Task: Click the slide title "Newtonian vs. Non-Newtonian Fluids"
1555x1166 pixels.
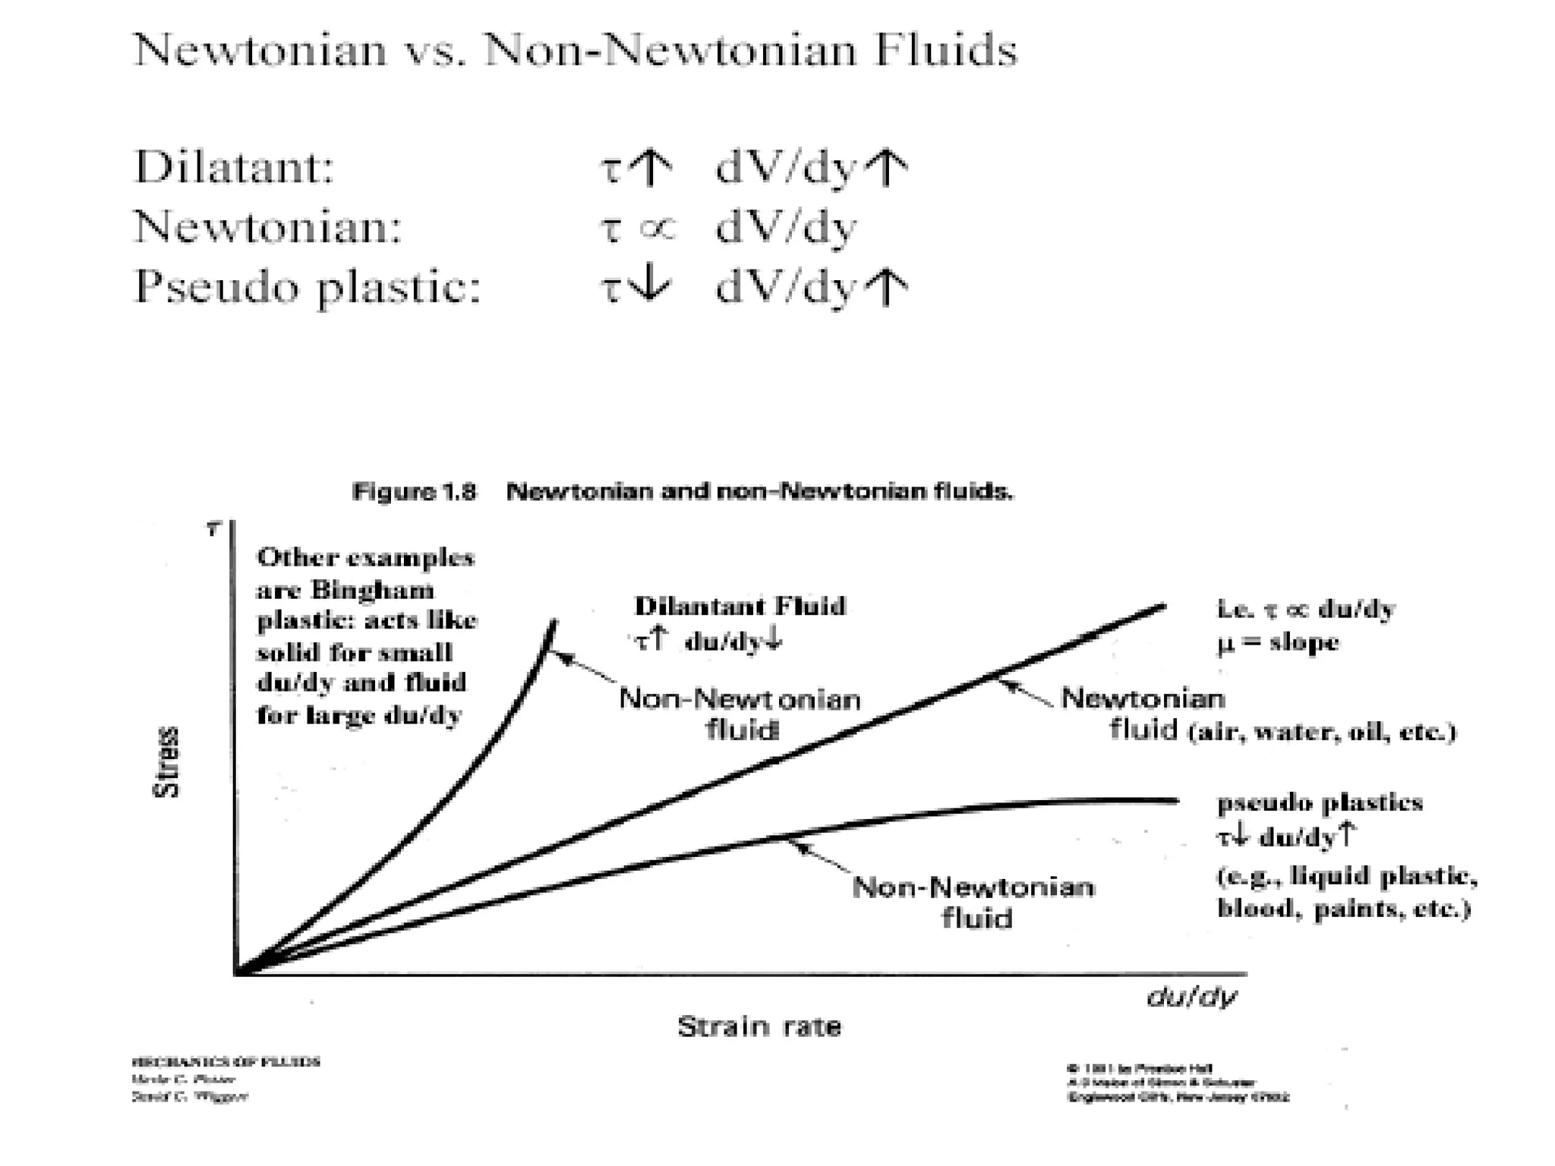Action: coord(575,52)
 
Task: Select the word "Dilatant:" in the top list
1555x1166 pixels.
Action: coord(235,167)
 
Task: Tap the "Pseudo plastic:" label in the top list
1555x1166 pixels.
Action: coord(308,288)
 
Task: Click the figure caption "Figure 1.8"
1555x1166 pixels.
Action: coord(414,492)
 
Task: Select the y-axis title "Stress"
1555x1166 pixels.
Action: coord(167,761)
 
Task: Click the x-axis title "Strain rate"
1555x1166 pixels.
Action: coord(759,1026)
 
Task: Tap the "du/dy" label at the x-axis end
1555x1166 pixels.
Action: coord(1191,996)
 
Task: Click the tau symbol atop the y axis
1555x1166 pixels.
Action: coord(213,529)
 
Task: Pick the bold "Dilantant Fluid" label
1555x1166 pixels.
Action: coord(740,607)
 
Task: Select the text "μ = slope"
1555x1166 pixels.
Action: coord(1277,642)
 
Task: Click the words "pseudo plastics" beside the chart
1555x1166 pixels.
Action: coord(1320,802)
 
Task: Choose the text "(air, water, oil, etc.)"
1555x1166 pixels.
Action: coord(1322,732)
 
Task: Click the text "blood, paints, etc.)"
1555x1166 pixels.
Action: coord(1344,908)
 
